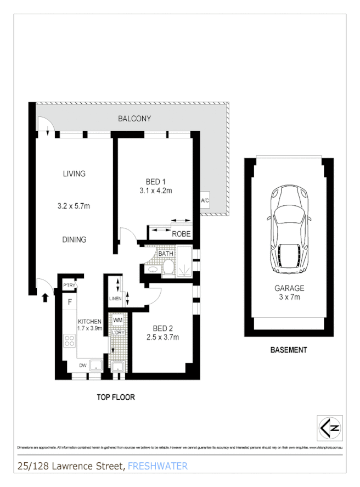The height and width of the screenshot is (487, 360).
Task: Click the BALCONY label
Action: coord(134,119)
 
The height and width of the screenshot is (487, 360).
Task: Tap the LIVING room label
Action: coord(74,173)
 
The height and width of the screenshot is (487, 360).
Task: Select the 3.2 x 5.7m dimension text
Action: coord(73,206)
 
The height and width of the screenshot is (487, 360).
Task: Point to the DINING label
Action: coord(74,239)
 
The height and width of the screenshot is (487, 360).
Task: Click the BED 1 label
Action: coord(156,182)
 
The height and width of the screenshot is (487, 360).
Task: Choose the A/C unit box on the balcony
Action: coord(205,201)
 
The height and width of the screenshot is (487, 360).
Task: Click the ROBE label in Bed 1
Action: coord(181,234)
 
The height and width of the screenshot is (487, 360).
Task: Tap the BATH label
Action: coord(166,254)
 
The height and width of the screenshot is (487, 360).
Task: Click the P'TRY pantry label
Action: coord(69,285)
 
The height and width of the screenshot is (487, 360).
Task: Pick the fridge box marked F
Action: coord(70,301)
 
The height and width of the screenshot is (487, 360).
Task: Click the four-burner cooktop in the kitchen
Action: coord(70,340)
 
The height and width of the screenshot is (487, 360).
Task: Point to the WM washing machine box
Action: coord(118,319)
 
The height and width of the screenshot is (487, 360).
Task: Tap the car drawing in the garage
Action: coord(289,231)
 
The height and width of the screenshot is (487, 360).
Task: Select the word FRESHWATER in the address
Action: coord(157,467)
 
